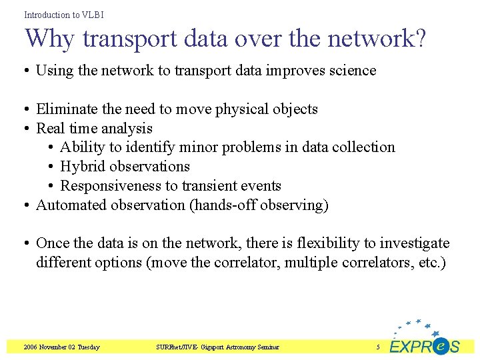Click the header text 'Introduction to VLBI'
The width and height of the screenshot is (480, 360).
click(x=64, y=14)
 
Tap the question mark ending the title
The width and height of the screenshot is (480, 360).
click(x=419, y=39)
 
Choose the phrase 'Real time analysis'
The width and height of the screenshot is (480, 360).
click(x=94, y=129)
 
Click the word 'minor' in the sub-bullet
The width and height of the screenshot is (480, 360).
click(x=197, y=147)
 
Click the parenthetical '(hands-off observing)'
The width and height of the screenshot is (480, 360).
click(x=259, y=205)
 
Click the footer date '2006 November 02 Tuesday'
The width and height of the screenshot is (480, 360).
click(x=61, y=347)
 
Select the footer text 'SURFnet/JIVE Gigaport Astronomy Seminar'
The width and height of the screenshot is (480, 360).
click(x=217, y=347)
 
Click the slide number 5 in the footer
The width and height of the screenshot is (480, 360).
click(x=377, y=347)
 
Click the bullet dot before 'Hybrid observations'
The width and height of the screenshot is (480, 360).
click(x=52, y=167)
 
